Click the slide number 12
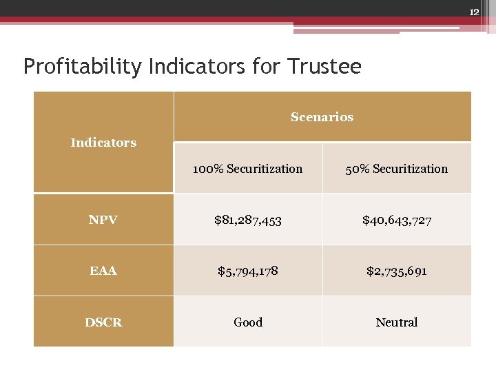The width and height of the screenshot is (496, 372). point(473,12)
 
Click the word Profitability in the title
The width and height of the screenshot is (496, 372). point(81,67)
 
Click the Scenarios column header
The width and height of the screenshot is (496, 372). point(322,117)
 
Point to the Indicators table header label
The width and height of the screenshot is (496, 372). point(103,143)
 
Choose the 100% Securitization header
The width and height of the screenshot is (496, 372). point(247,169)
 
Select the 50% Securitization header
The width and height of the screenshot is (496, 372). point(397,169)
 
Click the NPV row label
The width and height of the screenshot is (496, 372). point(103,220)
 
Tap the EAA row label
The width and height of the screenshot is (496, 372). point(103,271)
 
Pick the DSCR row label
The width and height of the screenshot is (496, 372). point(103,322)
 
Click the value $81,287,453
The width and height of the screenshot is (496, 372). point(247,220)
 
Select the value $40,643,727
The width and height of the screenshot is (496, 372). point(397,220)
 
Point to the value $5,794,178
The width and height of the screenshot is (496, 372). point(247,271)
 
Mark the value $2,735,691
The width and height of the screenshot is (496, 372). point(397,271)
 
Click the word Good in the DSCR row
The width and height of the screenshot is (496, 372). point(247,322)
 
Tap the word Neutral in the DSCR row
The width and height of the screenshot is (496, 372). point(397,322)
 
